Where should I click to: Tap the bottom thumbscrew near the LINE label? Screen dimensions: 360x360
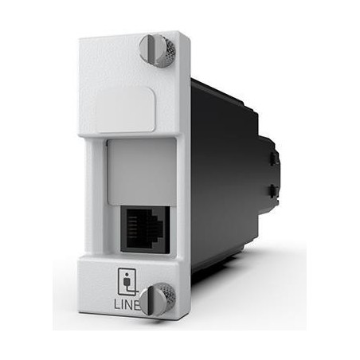tap(158, 299)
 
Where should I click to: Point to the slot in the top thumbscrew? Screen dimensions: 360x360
tap(151, 50)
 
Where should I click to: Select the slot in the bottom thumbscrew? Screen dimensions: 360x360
tap(151, 299)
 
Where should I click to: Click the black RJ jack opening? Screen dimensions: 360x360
tap(145, 229)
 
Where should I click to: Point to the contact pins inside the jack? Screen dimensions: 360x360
tap(133, 225)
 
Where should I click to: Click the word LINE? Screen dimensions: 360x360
tap(127, 304)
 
